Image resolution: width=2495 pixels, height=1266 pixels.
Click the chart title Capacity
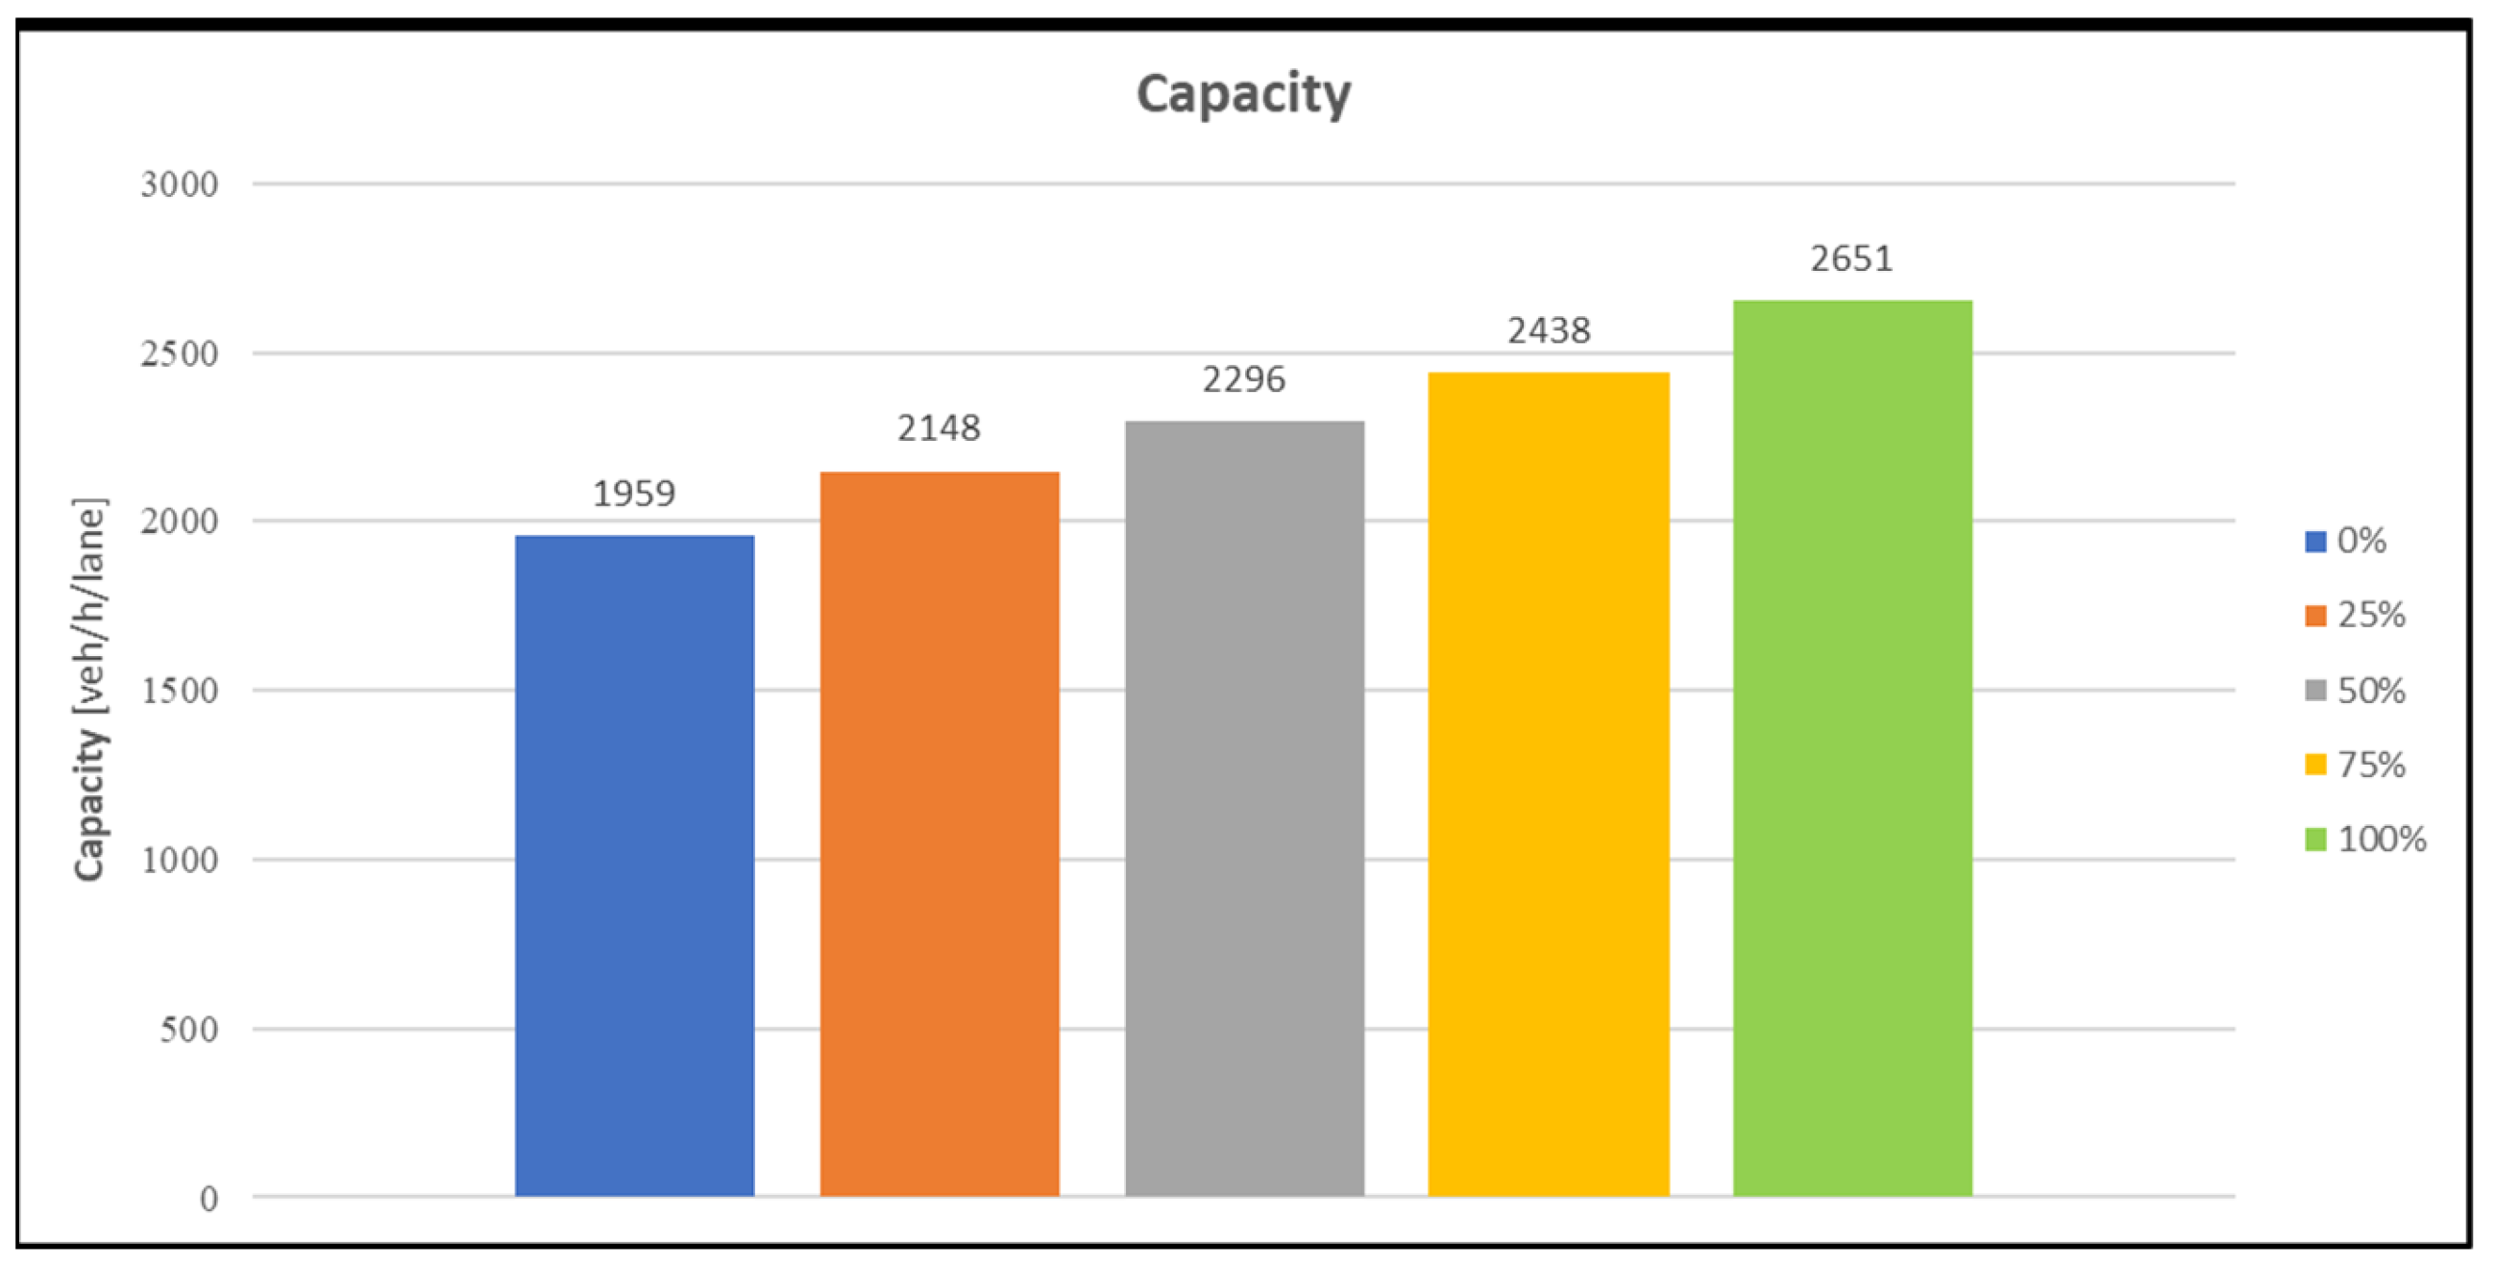pos(1242,94)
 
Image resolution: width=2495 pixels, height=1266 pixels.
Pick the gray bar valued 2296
pos(1244,808)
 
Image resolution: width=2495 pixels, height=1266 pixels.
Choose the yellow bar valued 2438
pos(1549,784)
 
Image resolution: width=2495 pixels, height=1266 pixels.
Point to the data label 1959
pos(634,494)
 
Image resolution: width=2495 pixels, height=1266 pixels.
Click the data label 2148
pos(939,428)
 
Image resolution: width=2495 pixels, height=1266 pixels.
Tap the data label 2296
pos(1243,379)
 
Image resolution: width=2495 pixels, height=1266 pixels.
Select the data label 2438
pos(1549,331)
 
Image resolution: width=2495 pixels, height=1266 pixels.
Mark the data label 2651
pos(1852,259)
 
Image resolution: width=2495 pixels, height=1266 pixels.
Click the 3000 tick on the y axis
pos(180,184)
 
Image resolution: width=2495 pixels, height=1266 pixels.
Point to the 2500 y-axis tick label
pos(180,353)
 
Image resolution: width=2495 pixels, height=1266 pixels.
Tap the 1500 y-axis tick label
pos(180,691)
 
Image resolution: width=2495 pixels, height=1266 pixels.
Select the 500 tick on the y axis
pos(189,1029)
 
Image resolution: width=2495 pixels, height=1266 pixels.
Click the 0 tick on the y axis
pos(208,1199)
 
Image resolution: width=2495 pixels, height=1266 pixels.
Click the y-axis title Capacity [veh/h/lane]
pos(90,690)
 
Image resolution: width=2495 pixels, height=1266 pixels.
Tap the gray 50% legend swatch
pos(2315,691)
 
